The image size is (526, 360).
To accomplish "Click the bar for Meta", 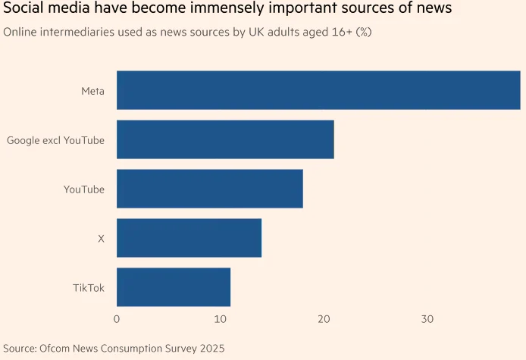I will coord(318,90).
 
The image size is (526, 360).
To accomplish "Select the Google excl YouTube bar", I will coord(225,139).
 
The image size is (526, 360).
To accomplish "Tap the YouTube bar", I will coord(210,189).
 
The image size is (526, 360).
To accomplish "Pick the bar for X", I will coord(189,238).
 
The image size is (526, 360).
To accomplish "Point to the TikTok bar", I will coord(174,287).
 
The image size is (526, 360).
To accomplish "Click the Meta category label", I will coord(92,91).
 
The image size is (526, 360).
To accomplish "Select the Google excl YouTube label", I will coord(55,140).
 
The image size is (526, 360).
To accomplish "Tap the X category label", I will coord(101,239).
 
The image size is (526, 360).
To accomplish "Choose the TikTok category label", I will coord(89,288).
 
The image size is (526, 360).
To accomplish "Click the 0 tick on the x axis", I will coord(117,320).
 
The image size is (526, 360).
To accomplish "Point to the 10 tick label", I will coord(220,320).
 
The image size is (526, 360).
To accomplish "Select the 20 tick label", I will coord(324,320).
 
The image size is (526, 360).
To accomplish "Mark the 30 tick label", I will coord(427,320).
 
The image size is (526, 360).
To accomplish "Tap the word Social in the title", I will coord(23,10).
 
